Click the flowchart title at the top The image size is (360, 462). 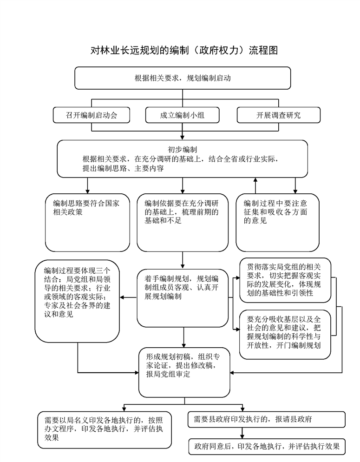pyautogui.click(x=184, y=50)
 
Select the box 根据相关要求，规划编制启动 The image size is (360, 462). pyautogui.click(x=183, y=78)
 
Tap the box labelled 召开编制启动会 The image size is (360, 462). pyautogui.click(x=91, y=115)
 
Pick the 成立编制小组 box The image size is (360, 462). pyautogui.click(x=182, y=115)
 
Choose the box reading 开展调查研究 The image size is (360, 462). pyautogui.click(x=278, y=115)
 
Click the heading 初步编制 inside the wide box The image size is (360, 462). pyautogui.click(x=182, y=150)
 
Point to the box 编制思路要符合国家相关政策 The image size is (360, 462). pyautogui.click(x=87, y=223)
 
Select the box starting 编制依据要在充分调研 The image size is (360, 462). pyautogui.click(x=183, y=223)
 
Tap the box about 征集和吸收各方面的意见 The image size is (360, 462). pyautogui.click(x=278, y=223)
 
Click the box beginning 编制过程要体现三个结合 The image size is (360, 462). pyautogui.click(x=77, y=301)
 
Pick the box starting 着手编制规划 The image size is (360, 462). pyautogui.click(x=183, y=298)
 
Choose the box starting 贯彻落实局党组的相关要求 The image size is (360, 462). pyautogui.click(x=285, y=280)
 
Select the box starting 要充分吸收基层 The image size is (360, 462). pyautogui.click(x=285, y=335)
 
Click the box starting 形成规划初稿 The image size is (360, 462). pyautogui.click(x=184, y=372)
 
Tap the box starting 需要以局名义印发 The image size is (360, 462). pyautogui.click(x=105, y=430)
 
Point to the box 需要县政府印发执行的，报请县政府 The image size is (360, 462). pyautogui.click(x=266, y=419)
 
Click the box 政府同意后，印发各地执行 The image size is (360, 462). pyautogui.click(x=267, y=447)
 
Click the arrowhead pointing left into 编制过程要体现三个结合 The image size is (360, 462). pyautogui.click(x=122, y=297)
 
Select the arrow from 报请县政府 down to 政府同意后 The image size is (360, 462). pyautogui.click(x=242, y=433)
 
